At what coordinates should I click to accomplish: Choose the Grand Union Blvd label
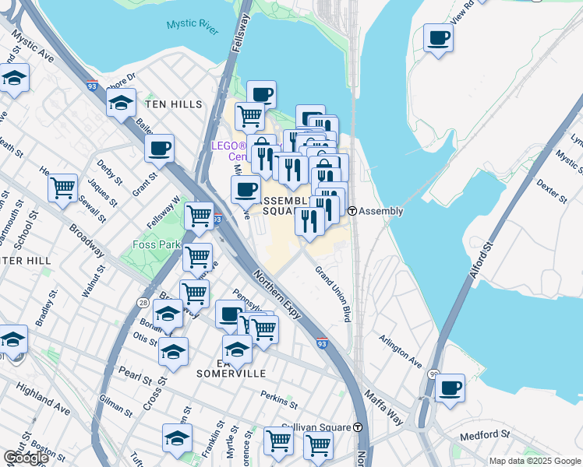point(333,294)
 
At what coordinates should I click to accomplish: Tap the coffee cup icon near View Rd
point(439,37)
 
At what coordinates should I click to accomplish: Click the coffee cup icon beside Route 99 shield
point(449,388)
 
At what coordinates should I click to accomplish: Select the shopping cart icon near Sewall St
point(62,187)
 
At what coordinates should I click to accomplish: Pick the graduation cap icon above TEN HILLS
point(121,102)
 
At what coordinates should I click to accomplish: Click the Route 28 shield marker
point(143,300)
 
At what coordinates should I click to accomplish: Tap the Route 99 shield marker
point(433,375)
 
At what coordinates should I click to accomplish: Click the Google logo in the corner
point(25,458)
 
